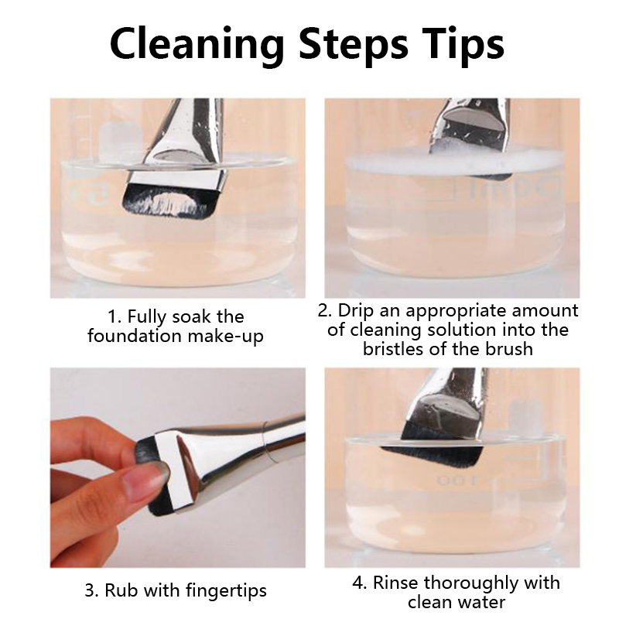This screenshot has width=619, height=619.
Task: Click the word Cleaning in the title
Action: click(x=197, y=44)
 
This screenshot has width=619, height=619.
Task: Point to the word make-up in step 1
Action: click(x=225, y=337)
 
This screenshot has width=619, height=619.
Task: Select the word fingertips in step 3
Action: click(x=226, y=591)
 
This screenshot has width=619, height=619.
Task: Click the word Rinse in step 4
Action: click(x=396, y=583)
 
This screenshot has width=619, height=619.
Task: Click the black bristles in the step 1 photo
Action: click(x=169, y=203)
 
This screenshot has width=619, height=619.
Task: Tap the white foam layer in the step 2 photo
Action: click(x=453, y=162)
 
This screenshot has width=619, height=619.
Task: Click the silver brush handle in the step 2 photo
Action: click(x=470, y=126)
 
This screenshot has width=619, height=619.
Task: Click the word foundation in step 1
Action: click(x=134, y=336)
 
